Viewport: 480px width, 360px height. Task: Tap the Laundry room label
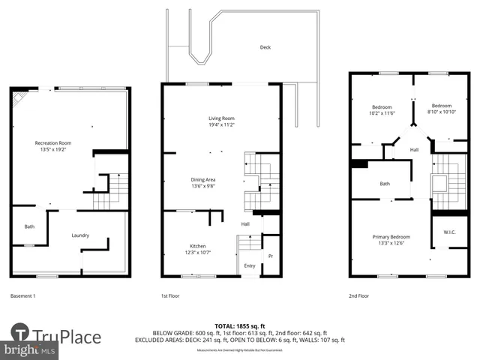80,235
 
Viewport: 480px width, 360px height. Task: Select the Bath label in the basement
29,226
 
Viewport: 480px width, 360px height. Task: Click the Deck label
265,47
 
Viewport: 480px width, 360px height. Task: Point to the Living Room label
221,118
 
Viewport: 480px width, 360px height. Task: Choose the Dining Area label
203,179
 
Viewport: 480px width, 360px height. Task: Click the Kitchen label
197,246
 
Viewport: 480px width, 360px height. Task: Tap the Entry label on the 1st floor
249,265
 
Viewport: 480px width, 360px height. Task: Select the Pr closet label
271,256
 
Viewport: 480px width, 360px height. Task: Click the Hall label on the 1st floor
245,224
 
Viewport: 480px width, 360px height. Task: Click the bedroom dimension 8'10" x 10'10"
441,114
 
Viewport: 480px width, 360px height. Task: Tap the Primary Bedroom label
391,238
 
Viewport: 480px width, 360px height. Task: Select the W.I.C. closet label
449,232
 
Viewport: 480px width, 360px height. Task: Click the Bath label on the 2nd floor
385,184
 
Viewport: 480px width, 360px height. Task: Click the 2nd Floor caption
359,296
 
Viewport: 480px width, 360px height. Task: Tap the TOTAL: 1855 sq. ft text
238,326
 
